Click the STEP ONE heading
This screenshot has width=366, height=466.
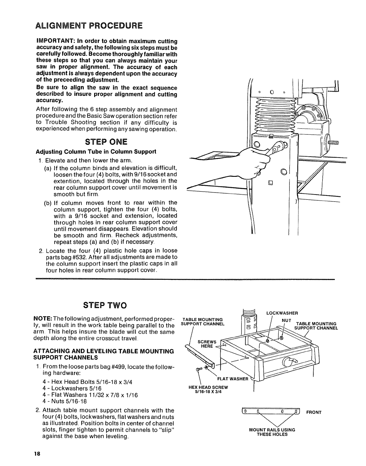click(106, 142)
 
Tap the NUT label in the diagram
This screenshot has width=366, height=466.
click(286, 320)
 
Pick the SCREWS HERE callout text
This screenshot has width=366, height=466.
click(207, 344)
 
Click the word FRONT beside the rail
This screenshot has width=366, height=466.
click(313, 412)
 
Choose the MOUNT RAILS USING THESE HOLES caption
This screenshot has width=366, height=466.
click(272, 432)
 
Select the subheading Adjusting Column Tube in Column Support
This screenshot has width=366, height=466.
click(96, 152)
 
